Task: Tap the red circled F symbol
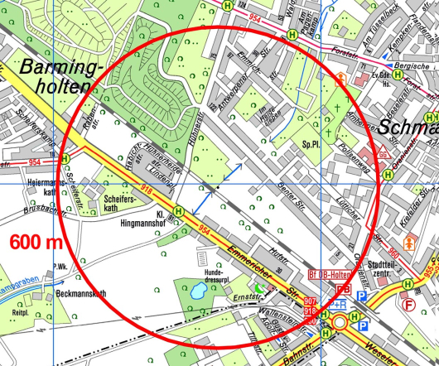(x=408, y=304)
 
